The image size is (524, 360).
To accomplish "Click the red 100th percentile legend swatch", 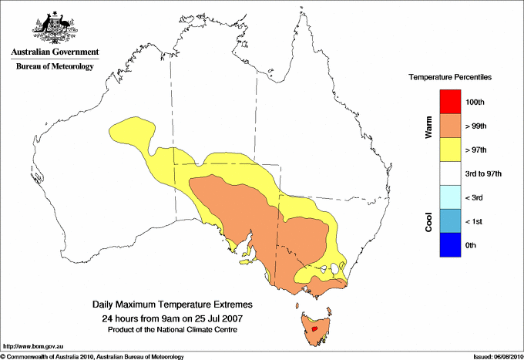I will coord(449,101).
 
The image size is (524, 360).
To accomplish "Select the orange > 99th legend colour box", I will coord(449,125).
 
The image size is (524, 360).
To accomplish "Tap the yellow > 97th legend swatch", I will coord(449,149).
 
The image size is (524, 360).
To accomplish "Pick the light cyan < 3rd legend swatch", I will coord(449,197).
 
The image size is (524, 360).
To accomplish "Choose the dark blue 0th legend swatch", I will coord(449,245).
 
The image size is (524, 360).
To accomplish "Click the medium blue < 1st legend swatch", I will coord(449,221).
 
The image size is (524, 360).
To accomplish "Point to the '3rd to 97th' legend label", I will coord(484,173).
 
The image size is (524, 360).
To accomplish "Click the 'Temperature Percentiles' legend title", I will coord(450,78).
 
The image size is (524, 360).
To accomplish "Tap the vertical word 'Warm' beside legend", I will coord(428,126).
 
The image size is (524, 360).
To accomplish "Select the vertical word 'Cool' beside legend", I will coord(428,221).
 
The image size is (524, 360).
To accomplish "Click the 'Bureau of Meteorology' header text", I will coord(55,67).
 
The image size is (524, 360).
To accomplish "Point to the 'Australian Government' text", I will coord(55,52).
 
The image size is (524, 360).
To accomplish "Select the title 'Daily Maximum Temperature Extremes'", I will coord(172,305).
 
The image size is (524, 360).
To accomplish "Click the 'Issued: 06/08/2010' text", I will coord(497,355).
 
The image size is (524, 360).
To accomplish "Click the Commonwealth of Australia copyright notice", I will coord(92,355).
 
